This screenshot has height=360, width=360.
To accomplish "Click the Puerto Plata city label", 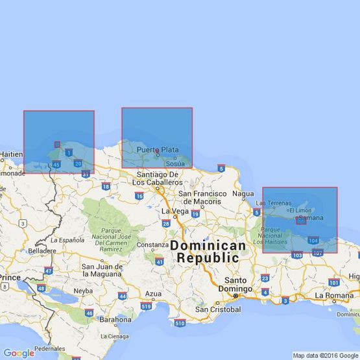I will click(x=157, y=150).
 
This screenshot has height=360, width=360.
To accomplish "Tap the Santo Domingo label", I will click(x=235, y=284).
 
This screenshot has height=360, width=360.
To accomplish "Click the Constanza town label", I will click(x=153, y=245).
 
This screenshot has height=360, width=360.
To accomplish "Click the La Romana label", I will click(x=333, y=295).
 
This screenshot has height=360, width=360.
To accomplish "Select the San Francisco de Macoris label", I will click(x=202, y=197).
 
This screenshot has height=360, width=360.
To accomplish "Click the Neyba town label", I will click(x=82, y=291).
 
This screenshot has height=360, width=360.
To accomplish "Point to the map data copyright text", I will click(x=325, y=355).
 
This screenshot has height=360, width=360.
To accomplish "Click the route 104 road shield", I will click(x=313, y=240).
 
